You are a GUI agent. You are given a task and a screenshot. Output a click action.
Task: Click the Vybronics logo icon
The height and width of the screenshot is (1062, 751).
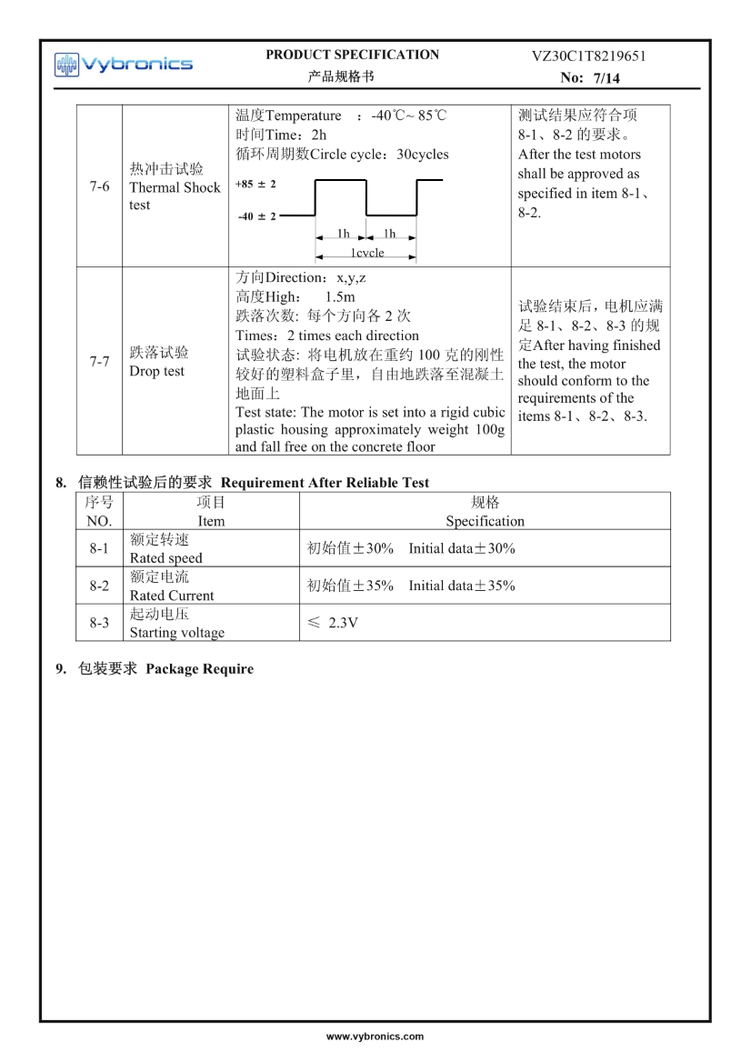(67, 64)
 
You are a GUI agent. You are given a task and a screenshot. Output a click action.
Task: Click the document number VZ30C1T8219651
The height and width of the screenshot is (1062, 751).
(588, 55)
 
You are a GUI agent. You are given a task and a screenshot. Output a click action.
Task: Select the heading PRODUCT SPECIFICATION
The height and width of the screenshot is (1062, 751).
(352, 55)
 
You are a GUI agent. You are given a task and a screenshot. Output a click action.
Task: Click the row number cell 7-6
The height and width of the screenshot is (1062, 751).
(99, 187)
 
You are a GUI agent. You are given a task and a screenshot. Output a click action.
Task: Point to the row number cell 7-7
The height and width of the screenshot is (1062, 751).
(99, 362)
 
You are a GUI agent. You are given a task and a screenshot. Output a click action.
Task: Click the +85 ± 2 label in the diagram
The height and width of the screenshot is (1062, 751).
(255, 184)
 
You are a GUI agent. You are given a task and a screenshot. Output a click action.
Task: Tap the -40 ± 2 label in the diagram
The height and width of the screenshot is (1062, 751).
(256, 216)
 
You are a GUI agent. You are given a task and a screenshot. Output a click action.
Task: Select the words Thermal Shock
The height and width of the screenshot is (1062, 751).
(175, 187)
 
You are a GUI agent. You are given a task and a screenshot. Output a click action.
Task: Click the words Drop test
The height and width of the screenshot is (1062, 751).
(156, 371)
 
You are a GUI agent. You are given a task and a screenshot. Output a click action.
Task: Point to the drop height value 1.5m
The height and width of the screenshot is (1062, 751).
(339, 296)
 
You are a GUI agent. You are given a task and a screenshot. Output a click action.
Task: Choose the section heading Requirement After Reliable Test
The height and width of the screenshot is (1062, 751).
(325, 482)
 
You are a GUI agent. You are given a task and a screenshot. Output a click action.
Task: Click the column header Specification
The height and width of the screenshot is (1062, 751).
(485, 521)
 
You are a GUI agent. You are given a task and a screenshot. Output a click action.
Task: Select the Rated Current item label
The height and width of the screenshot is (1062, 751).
(172, 596)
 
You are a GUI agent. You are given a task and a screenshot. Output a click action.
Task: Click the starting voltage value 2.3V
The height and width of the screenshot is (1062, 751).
(343, 623)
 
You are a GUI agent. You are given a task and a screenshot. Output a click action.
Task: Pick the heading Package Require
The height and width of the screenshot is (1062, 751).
(199, 669)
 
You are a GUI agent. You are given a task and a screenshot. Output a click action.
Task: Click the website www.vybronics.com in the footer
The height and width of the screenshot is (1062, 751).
(375, 1037)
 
